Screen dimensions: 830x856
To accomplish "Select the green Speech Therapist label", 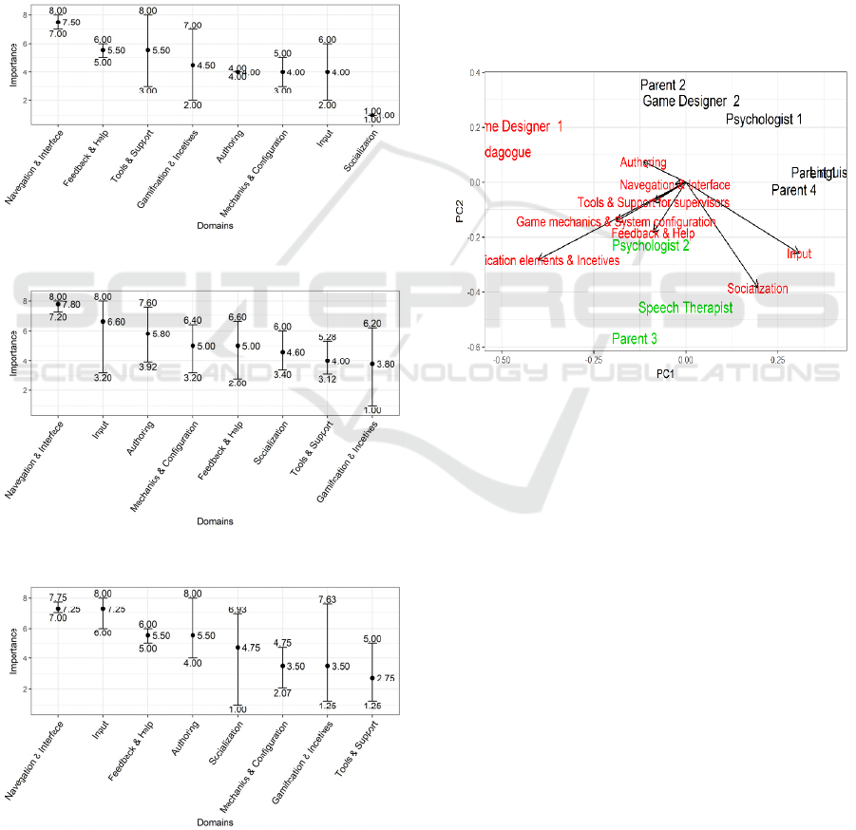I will click(x=685, y=308).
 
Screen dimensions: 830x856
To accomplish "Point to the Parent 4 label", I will click(x=793, y=191).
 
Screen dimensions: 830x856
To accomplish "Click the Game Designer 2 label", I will click(x=691, y=101).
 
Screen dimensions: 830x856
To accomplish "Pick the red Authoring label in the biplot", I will click(x=643, y=163).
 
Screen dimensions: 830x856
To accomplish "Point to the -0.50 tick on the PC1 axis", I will click(x=504, y=360).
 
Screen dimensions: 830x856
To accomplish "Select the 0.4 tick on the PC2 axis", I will click(x=472, y=72).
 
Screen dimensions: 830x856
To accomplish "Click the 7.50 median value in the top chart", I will click(x=72, y=22).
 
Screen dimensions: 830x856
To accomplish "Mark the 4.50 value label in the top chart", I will click(x=207, y=66).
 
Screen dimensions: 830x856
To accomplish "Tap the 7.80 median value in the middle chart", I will click(x=71, y=305).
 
